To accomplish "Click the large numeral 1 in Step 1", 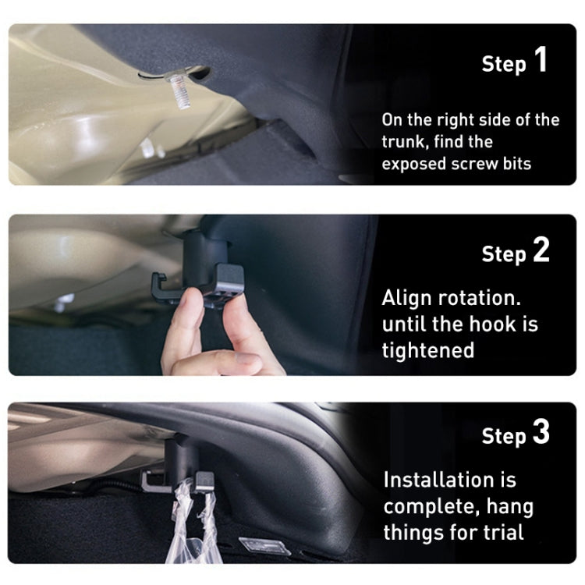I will pos(541,61).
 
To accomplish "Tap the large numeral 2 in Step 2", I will pos(541,250).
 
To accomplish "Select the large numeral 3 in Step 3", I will pos(541,433).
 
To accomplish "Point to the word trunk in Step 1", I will pos(404,142).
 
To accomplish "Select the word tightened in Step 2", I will pos(427,349).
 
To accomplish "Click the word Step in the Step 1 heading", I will pos(504,64).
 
